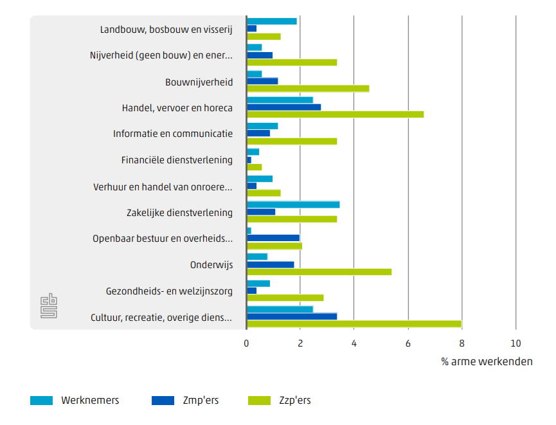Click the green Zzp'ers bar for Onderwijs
pos(319,272)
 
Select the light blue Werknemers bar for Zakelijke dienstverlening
pos(293,204)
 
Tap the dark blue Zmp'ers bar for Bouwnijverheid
pos(262,81)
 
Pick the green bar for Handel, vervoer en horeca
pos(335,114)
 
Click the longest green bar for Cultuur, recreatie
pos(354,323)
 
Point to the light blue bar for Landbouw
pos(272,21)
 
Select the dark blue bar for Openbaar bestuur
pos(273,238)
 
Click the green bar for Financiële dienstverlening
pos(254,167)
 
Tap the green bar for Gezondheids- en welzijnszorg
pos(285,298)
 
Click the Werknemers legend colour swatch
pos(41,401)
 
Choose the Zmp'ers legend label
pos(201,401)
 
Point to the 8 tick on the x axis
pos(462,343)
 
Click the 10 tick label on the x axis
pos(515,343)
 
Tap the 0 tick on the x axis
pos(247,343)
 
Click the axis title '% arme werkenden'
pos(487,361)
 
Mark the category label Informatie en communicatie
pos(173,134)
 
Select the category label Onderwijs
pos(211,264)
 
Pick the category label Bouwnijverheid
pos(199,82)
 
